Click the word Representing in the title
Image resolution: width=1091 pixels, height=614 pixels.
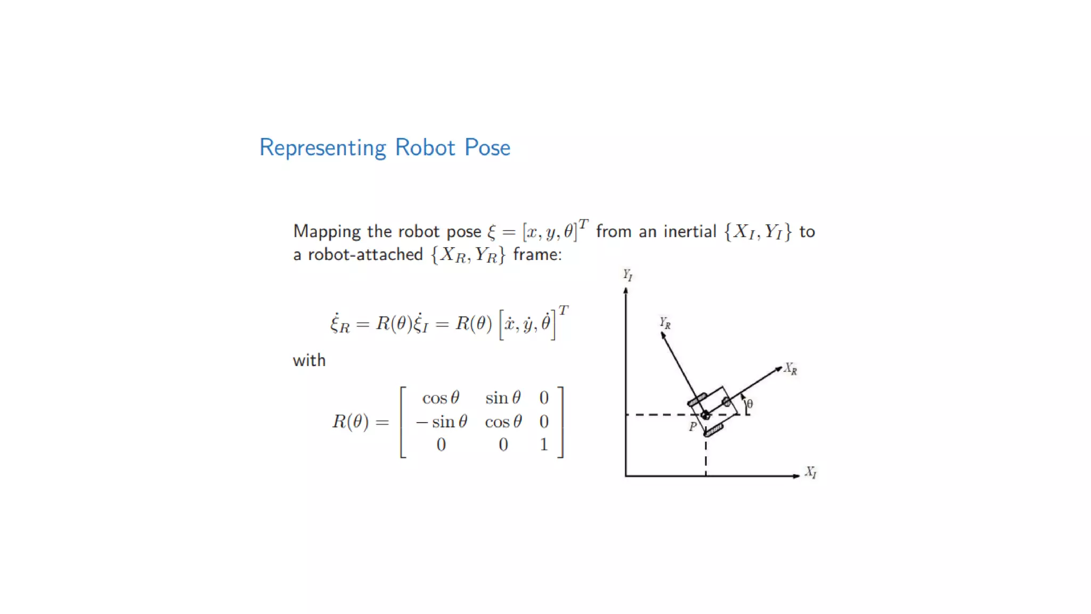pos(322,148)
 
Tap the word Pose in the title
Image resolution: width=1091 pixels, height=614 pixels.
pos(487,148)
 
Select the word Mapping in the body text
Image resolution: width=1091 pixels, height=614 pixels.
pos(327,232)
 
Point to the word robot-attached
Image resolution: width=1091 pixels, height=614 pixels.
pos(365,255)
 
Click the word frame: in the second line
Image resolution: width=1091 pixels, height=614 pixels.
pos(537,255)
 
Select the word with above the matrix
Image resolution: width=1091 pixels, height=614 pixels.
pos(309,360)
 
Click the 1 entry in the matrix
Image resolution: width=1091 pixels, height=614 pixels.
pos(543,444)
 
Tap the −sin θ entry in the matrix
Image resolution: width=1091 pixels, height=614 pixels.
pos(442,422)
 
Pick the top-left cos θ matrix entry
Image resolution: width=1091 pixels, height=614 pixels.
pos(441,398)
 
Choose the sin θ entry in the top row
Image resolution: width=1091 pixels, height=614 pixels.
pos(503,398)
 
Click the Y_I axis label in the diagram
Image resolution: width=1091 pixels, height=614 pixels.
pos(628,275)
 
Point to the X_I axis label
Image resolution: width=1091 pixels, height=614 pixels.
pos(810,472)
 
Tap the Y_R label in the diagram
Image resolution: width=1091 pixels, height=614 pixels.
pos(665,323)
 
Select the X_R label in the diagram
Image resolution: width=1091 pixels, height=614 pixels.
pos(791,369)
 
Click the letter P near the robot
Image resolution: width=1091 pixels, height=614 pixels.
pos(693,426)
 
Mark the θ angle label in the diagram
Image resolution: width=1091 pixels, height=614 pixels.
pos(750,404)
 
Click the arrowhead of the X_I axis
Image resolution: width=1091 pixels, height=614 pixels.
pos(796,475)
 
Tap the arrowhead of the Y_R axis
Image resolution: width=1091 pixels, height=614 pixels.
pos(663,336)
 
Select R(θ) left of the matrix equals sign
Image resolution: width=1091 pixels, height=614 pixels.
pos(351,422)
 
